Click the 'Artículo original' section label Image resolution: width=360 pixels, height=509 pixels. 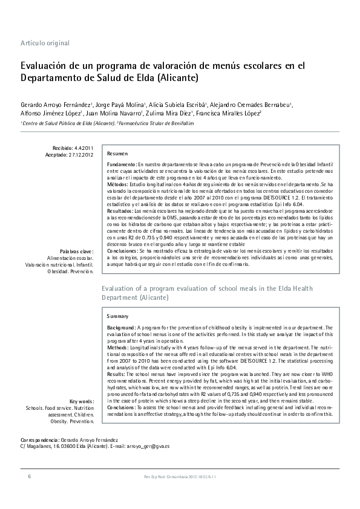[45, 43]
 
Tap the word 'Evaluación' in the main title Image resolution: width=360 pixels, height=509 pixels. [48, 66]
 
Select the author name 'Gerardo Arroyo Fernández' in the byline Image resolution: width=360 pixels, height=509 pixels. [55, 105]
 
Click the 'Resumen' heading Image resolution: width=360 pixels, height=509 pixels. [117, 154]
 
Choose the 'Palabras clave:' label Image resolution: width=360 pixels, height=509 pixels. [77, 251]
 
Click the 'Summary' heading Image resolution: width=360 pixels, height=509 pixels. [117, 316]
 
